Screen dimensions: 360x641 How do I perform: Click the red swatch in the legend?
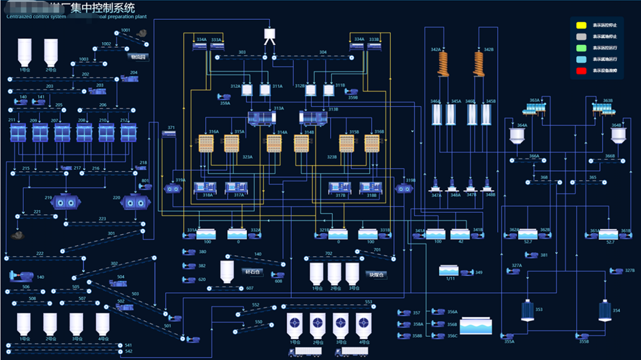(x=582, y=70)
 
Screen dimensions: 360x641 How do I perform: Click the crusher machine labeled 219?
(x=65, y=202)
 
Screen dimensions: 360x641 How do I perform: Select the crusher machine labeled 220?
(x=136, y=202)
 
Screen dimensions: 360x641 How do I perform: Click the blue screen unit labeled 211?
(x=17, y=132)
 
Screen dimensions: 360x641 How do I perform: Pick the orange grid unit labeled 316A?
(x=207, y=143)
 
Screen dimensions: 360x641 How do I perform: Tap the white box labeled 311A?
(x=265, y=89)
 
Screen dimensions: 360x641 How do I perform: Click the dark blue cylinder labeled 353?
(x=526, y=310)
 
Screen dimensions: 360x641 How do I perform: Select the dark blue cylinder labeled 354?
(x=604, y=310)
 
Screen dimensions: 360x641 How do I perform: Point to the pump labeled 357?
(x=404, y=313)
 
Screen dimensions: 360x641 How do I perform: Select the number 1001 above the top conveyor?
(x=125, y=31)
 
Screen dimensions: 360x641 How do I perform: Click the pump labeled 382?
(x=188, y=266)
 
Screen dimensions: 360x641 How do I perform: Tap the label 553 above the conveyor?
(x=369, y=301)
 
